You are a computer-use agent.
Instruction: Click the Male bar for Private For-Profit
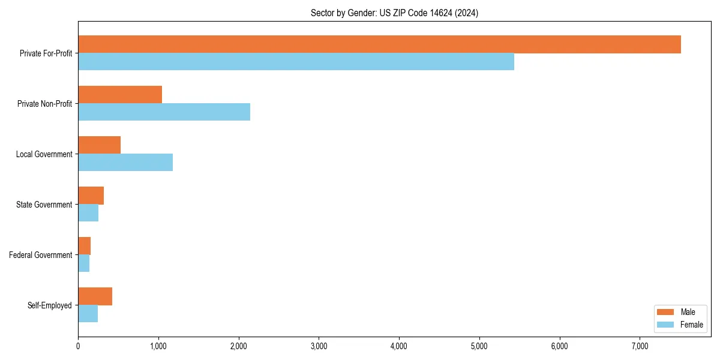379,44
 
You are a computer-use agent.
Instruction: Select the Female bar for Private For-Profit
296,62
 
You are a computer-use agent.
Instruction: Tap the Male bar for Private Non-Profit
120,95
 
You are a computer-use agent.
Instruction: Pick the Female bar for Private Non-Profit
164,112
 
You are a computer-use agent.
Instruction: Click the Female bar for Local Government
125,163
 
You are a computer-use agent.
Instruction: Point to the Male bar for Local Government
99,145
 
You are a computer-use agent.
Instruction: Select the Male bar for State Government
91,196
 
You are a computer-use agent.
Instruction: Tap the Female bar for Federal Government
84,263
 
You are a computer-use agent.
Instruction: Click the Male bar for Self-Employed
95,296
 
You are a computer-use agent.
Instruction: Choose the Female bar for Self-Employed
88,314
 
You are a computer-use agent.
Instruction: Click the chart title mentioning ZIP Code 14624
394,13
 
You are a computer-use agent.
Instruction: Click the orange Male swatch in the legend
666,312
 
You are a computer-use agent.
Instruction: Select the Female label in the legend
692,325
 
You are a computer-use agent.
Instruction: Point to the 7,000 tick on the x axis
640,346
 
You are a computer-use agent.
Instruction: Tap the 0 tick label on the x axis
78,346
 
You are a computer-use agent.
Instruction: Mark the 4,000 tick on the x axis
399,346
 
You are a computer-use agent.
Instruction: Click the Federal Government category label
41,255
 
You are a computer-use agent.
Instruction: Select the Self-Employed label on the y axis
50,305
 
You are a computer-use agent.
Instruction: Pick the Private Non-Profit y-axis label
44,104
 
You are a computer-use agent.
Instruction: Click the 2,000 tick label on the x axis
239,346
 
